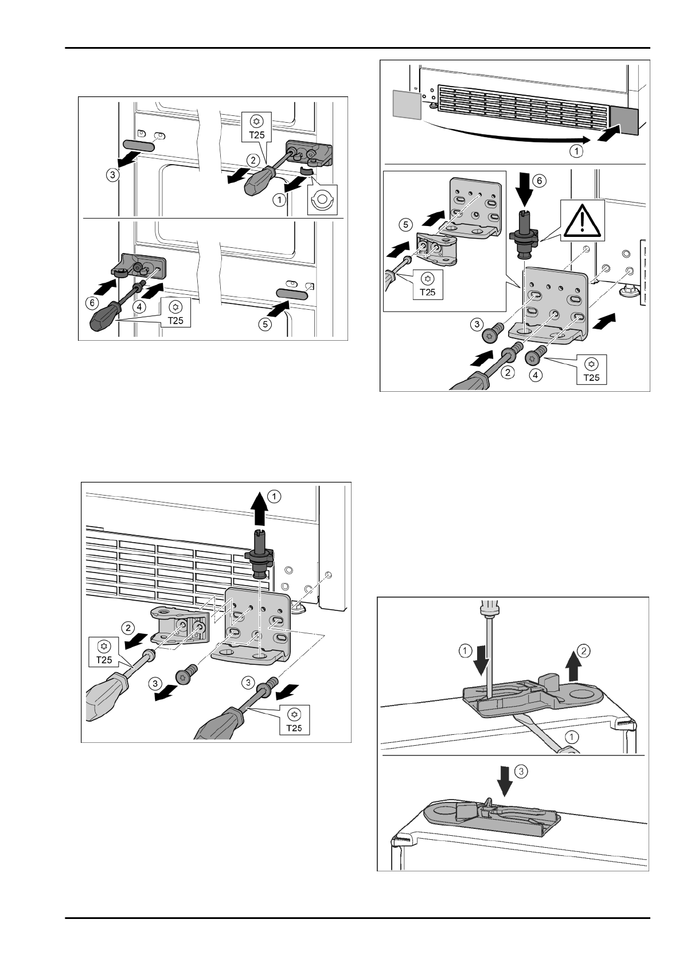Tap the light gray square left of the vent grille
(x=407, y=104)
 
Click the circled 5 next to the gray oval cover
(x=264, y=325)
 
